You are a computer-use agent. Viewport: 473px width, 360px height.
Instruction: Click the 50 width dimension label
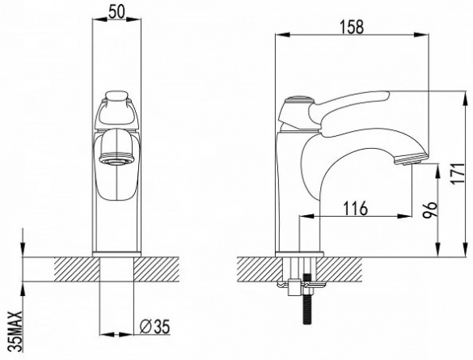(x=116, y=12)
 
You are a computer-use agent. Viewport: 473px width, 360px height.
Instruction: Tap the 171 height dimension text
(x=458, y=174)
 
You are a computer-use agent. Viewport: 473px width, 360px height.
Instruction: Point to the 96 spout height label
(x=430, y=210)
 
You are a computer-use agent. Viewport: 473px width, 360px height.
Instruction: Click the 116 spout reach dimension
(x=356, y=208)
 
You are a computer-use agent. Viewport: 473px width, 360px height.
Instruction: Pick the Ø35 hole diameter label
(x=155, y=326)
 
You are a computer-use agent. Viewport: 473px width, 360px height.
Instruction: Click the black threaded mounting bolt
(x=306, y=299)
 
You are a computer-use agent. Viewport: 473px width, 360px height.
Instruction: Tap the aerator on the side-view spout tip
(x=410, y=159)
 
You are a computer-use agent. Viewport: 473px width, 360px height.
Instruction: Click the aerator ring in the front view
(x=116, y=158)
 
